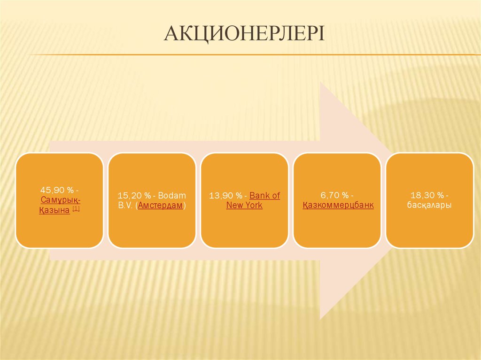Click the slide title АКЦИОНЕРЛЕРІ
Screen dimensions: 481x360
tap(244, 33)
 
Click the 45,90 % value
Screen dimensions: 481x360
tap(57, 190)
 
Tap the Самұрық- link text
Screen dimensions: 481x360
tap(61, 200)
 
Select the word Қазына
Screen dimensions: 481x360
tap(54, 210)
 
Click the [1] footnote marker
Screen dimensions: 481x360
tap(76, 209)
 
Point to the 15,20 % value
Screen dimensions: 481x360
tap(134, 195)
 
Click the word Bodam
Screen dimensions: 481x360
tap(172, 195)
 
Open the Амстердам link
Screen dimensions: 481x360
tap(161, 205)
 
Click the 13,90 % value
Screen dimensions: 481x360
tap(225, 195)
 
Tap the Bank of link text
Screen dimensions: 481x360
tap(265, 195)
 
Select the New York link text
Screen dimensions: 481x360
tap(244, 205)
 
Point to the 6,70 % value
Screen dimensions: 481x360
tap(334, 195)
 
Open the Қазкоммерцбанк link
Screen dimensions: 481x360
tap(338, 205)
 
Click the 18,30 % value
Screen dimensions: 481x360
tap(427, 195)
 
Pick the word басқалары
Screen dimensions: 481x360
tap(429, 205)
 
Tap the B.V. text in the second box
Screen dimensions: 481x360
tap(125, 205)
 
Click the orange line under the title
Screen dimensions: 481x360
tap(254, 55)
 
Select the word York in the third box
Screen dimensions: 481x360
tap(254, 205)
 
